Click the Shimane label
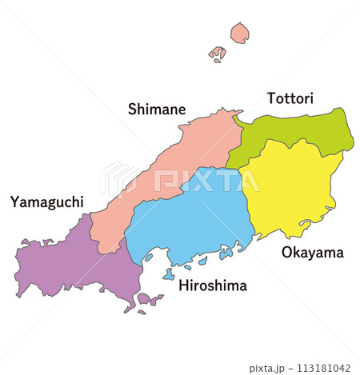157,109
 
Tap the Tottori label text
290,98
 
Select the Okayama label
312,253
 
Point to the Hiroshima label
213,285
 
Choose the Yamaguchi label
46,201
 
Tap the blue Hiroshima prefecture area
192,224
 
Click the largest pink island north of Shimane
239,33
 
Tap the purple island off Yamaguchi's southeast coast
149,300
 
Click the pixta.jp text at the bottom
269,368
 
